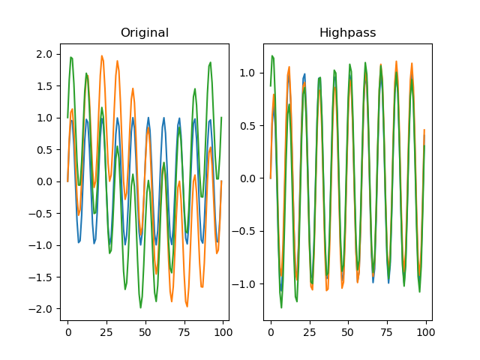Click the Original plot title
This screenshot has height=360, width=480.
pos(145,33)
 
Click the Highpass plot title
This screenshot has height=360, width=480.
pos(347,33)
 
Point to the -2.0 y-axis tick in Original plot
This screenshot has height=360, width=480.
pos(43,309)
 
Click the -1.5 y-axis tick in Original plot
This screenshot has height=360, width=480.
pos(43,277)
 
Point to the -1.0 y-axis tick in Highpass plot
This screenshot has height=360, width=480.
pos(246,283)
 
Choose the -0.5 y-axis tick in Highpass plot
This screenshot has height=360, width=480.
pos(246,231)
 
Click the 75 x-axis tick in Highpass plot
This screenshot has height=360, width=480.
pos(387,331)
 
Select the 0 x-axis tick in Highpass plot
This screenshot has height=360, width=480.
pos(271,331)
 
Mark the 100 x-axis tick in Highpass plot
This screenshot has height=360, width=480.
pos(425,331)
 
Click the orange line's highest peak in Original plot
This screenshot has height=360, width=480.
pos(102,56)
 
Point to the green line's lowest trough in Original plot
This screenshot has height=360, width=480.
pos(140,307)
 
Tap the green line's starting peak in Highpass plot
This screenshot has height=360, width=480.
pos(272,56)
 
